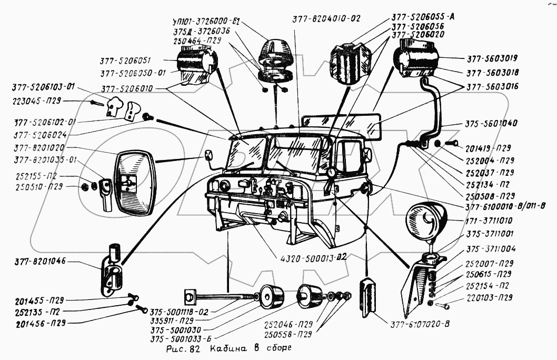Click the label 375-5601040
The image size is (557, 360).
(491, 124)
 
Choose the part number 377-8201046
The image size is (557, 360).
(39, 262)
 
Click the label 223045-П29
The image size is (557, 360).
(35, 99)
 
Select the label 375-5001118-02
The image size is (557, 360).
(180, 312)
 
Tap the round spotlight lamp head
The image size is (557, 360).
(426, 218)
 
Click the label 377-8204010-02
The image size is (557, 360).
(326, 18)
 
